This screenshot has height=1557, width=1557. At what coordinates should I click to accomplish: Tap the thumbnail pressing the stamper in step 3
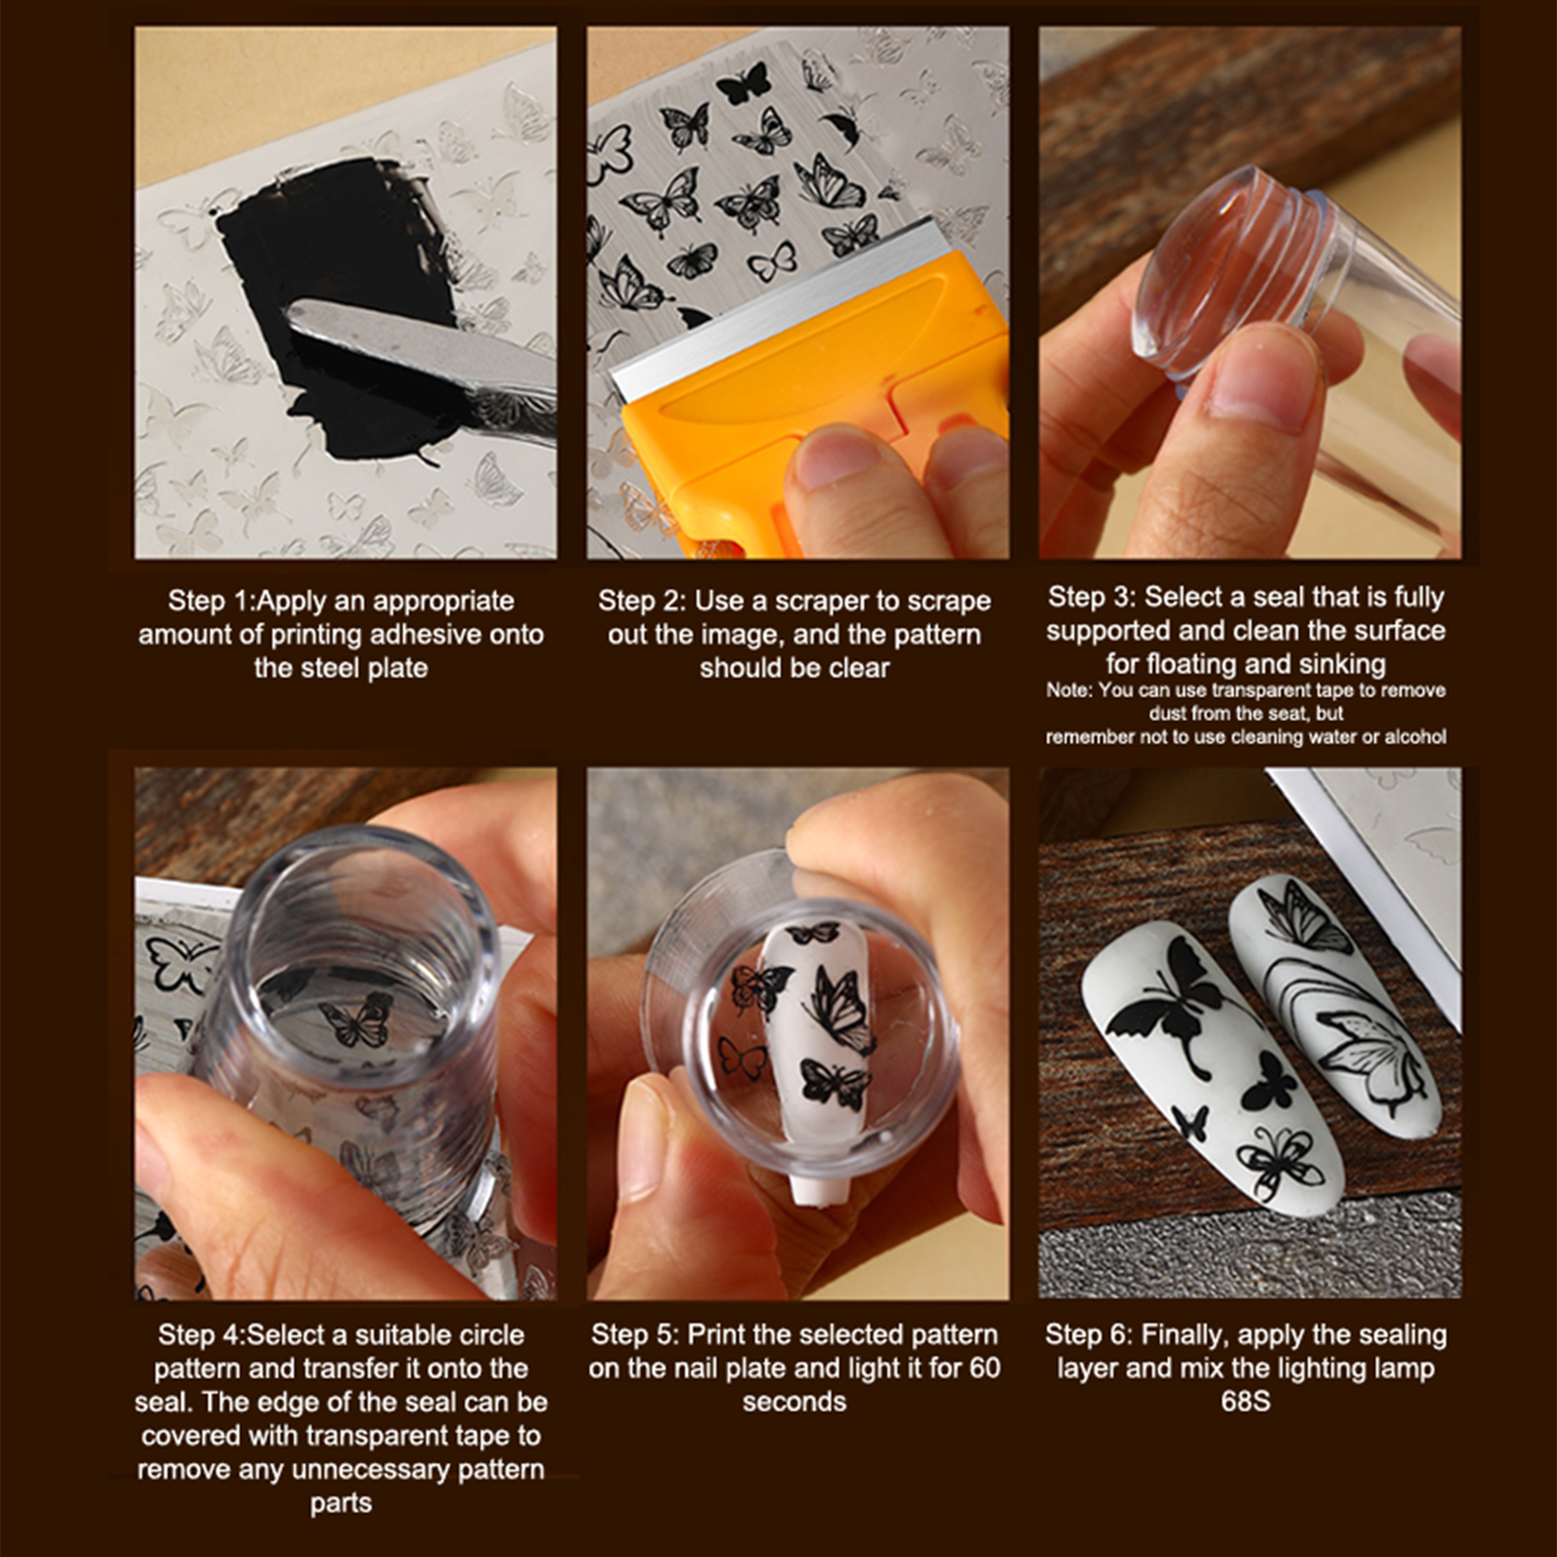tap(1265, 375)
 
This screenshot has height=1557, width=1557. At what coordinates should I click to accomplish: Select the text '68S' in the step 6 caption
tap(1246, 1401)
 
